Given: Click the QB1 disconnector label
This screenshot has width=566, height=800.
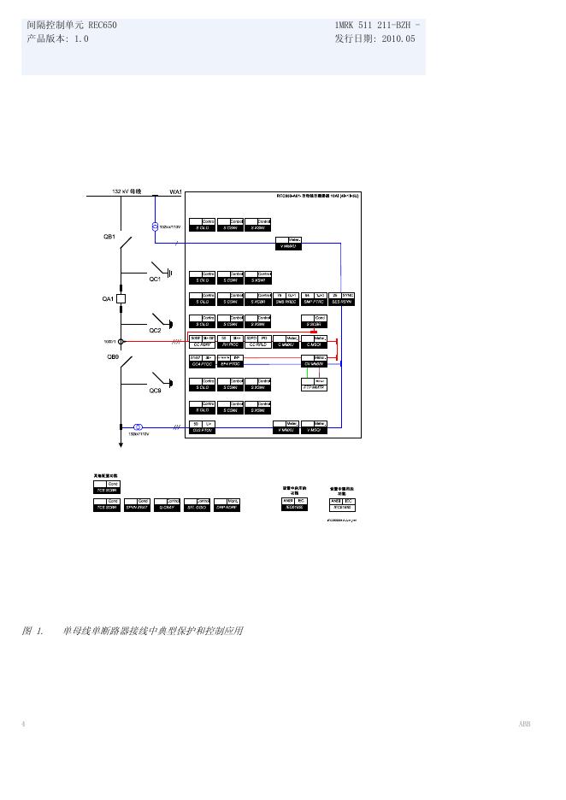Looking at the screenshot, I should coord(109,237).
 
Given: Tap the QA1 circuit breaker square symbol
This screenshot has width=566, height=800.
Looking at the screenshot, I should coord(121,299).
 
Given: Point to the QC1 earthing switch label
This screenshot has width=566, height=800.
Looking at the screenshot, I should coord(155,279).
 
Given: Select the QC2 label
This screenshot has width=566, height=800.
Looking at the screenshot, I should coord(155,330).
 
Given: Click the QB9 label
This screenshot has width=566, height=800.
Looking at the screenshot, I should coord(113,357).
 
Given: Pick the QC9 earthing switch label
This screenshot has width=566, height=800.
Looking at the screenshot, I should coord(155,391).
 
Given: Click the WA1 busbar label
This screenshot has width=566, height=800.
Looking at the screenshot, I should coord(175,191).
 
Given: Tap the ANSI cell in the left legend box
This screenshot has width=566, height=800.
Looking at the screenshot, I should coord(288,500).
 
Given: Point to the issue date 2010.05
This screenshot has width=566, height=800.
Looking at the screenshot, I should coord(398,39).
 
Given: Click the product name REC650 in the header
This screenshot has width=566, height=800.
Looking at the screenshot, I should coord(102,26).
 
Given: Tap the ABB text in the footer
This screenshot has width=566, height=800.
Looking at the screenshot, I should coord(524,724).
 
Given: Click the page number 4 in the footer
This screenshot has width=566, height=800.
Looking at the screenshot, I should coord(23,724).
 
